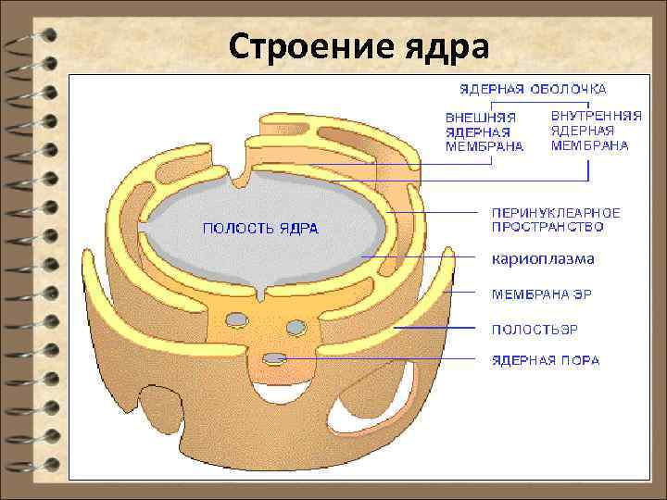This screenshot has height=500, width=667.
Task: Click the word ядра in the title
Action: (x=440, y=45)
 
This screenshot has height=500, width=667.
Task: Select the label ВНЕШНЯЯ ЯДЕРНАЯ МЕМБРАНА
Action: (x=484, y=131)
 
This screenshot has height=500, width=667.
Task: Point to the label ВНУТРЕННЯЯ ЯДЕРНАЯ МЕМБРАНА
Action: (x=596, y=131)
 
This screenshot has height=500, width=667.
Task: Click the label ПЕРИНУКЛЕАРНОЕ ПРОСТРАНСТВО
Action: (x=555, y=219)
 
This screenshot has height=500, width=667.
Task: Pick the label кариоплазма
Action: (x=542, y=258)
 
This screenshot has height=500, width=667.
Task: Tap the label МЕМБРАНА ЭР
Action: (x=540, y=294)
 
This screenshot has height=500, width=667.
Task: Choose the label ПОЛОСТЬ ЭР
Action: (x=535, y=329)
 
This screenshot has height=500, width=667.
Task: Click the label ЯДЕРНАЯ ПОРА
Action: (x=545, y=360)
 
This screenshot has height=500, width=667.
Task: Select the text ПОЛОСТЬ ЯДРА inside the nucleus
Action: (x=260, y=228)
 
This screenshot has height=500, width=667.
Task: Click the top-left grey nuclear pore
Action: (x=237, y=319)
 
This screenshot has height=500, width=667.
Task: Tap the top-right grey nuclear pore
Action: (x=296, y=327)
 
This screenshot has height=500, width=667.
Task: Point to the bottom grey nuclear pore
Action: (x=274, y=358)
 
